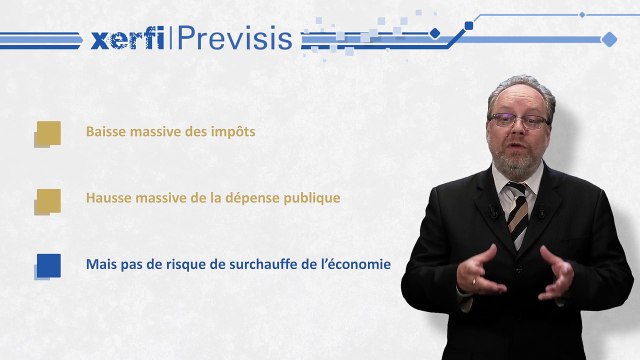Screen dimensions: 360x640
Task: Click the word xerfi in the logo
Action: pyautogui.click(x=127, y=39)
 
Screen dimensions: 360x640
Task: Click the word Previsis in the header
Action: pyautogui.click(x=236, y=39)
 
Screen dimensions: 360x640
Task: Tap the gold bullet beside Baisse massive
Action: pyautogui.click(x=47, y=133)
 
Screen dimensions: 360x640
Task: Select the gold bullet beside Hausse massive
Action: pyautogui.click(x=47, y=199)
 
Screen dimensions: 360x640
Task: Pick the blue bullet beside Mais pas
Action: pyautogui.click(x=47, y=265)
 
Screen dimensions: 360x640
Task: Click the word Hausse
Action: pyautogui.click(x=108, y=198)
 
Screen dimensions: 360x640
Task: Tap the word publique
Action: pyautogui.click(x=309, y=198)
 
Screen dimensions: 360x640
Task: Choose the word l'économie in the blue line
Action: pyautogui.click(x=355, y=264)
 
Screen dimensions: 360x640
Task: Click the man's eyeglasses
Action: pyautogui.click(x=519, y=120)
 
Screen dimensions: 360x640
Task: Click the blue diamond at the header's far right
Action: pyautogui.click(x=609, y=39)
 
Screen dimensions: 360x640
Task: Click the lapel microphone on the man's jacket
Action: pyautogui.click(x=493, y=211)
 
